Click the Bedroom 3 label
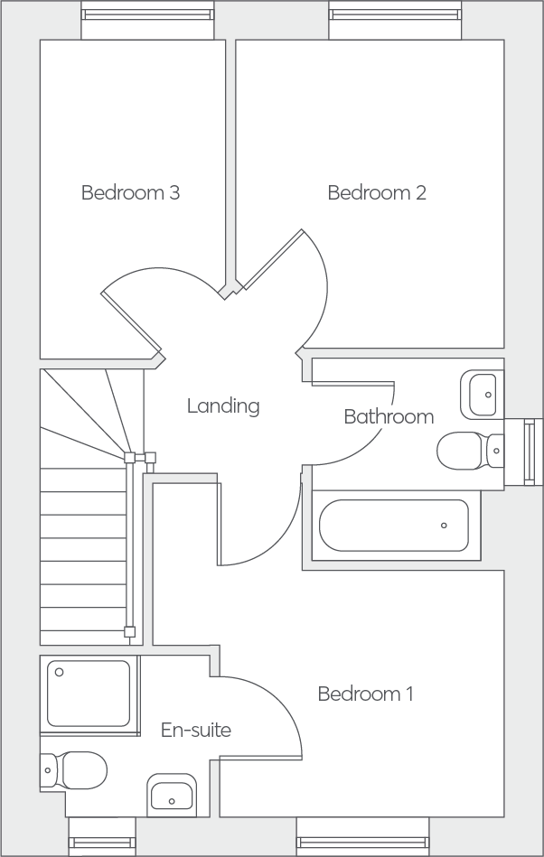(130, 192)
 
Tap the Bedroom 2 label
(377, 192)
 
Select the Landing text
(223, 406)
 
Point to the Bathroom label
(389, 416)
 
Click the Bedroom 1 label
(365, 694)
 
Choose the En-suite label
(196, 730)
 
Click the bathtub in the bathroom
(394, 526)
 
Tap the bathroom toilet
(470, 451)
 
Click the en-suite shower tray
(89, 693)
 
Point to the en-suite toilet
(73, 770)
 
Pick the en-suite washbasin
(172, 796)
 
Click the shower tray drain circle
(59, 672)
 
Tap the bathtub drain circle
(444, 526)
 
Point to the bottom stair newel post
(129, 632)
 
